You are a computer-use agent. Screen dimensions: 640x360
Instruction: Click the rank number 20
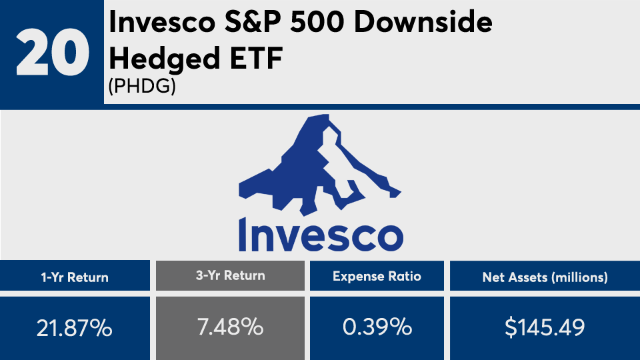pos(52,52)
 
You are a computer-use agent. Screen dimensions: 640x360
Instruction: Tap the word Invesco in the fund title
pos(162,22)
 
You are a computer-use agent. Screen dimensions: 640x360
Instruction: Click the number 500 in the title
pos(317,22)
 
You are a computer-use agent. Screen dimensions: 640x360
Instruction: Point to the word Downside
pos(423,22)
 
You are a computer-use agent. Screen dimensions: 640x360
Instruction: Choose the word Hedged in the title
pos(165,57)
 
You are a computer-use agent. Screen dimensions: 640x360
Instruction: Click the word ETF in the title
pos(256,57)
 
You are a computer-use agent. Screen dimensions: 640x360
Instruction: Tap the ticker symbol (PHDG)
pos(142,86)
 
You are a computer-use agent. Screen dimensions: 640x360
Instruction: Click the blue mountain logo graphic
pos(319,165)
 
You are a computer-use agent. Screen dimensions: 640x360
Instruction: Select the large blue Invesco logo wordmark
pos(321,234)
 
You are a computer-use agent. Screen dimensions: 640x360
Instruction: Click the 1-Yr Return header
pos(75,277)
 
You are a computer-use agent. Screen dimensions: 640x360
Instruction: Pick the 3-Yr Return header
pos(230,275)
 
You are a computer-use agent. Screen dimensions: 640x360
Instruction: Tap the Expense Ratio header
pos(377,276)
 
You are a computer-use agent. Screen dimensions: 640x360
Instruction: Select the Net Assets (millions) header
pos(545,277)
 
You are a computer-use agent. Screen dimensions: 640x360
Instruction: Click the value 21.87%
pos(74,328)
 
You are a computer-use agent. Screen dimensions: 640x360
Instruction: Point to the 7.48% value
pos(230,327)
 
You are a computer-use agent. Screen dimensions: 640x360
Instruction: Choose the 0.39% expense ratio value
pos(377,327)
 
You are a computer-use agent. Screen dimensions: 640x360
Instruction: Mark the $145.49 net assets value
pos(545,327)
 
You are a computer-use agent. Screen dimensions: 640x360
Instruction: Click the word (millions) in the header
pos(579,277)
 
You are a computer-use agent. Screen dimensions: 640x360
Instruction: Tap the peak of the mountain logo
pos(327,115)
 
